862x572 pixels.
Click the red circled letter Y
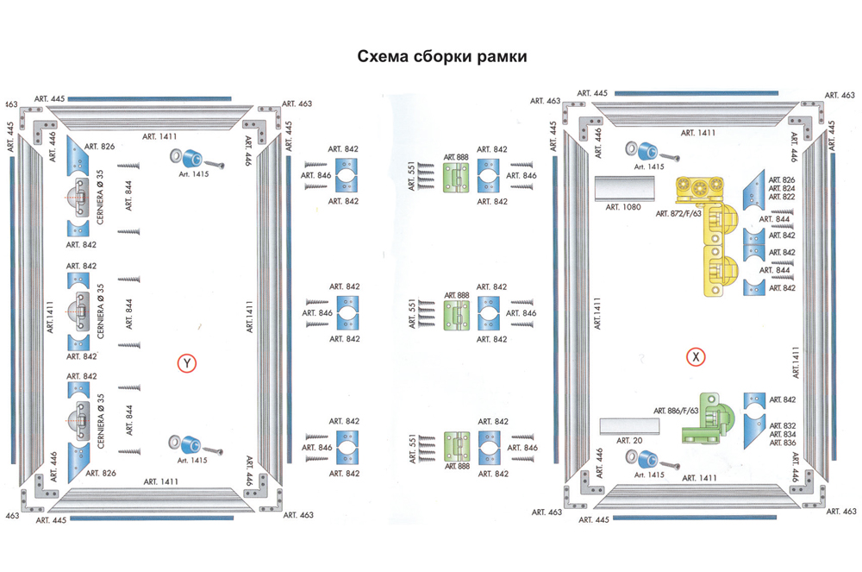[x=185, y=364]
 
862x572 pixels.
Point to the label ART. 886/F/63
[x=676, y=410]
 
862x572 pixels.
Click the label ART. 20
[x=629, y=440]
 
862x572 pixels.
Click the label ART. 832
[x=783, y=425]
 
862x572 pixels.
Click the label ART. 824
[x=783, y=188]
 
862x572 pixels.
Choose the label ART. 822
[x=783, y=197]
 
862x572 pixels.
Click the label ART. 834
[x=783, y=434]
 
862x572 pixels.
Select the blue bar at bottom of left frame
[x=151, y=518]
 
